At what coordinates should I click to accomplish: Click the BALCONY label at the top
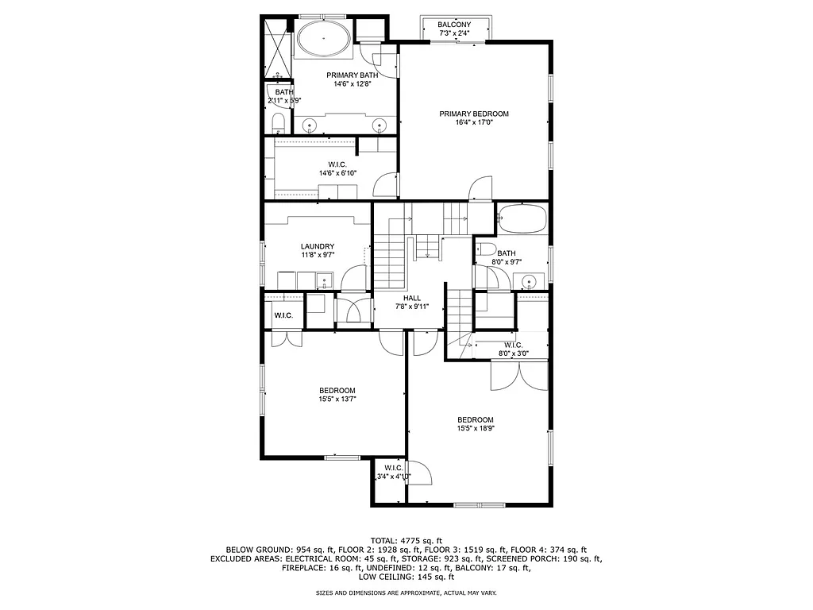click(x=454, y=25)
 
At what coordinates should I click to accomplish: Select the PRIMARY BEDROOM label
click(x=474, y=114)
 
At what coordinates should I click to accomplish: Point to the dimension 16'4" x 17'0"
click(x=474, y=123)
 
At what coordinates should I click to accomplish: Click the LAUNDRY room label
click(x=317, y=246)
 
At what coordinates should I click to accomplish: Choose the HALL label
click(x=412, y=298)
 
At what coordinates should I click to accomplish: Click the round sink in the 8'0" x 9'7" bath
click(x=529, y=280)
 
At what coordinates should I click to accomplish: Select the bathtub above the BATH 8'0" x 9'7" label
click(x=522, y=217)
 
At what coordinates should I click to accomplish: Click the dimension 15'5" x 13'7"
click(x=337, y=400)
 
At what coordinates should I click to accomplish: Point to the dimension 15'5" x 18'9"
click(x=475, y=429)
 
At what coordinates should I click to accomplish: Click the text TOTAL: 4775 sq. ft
click(x=406, y=540)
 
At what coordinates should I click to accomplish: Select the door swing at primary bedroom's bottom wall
click(x=479, y=189)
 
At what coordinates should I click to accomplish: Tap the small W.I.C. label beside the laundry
click(x=283, y=316)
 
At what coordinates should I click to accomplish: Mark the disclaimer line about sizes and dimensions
click(x=406, y=593)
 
